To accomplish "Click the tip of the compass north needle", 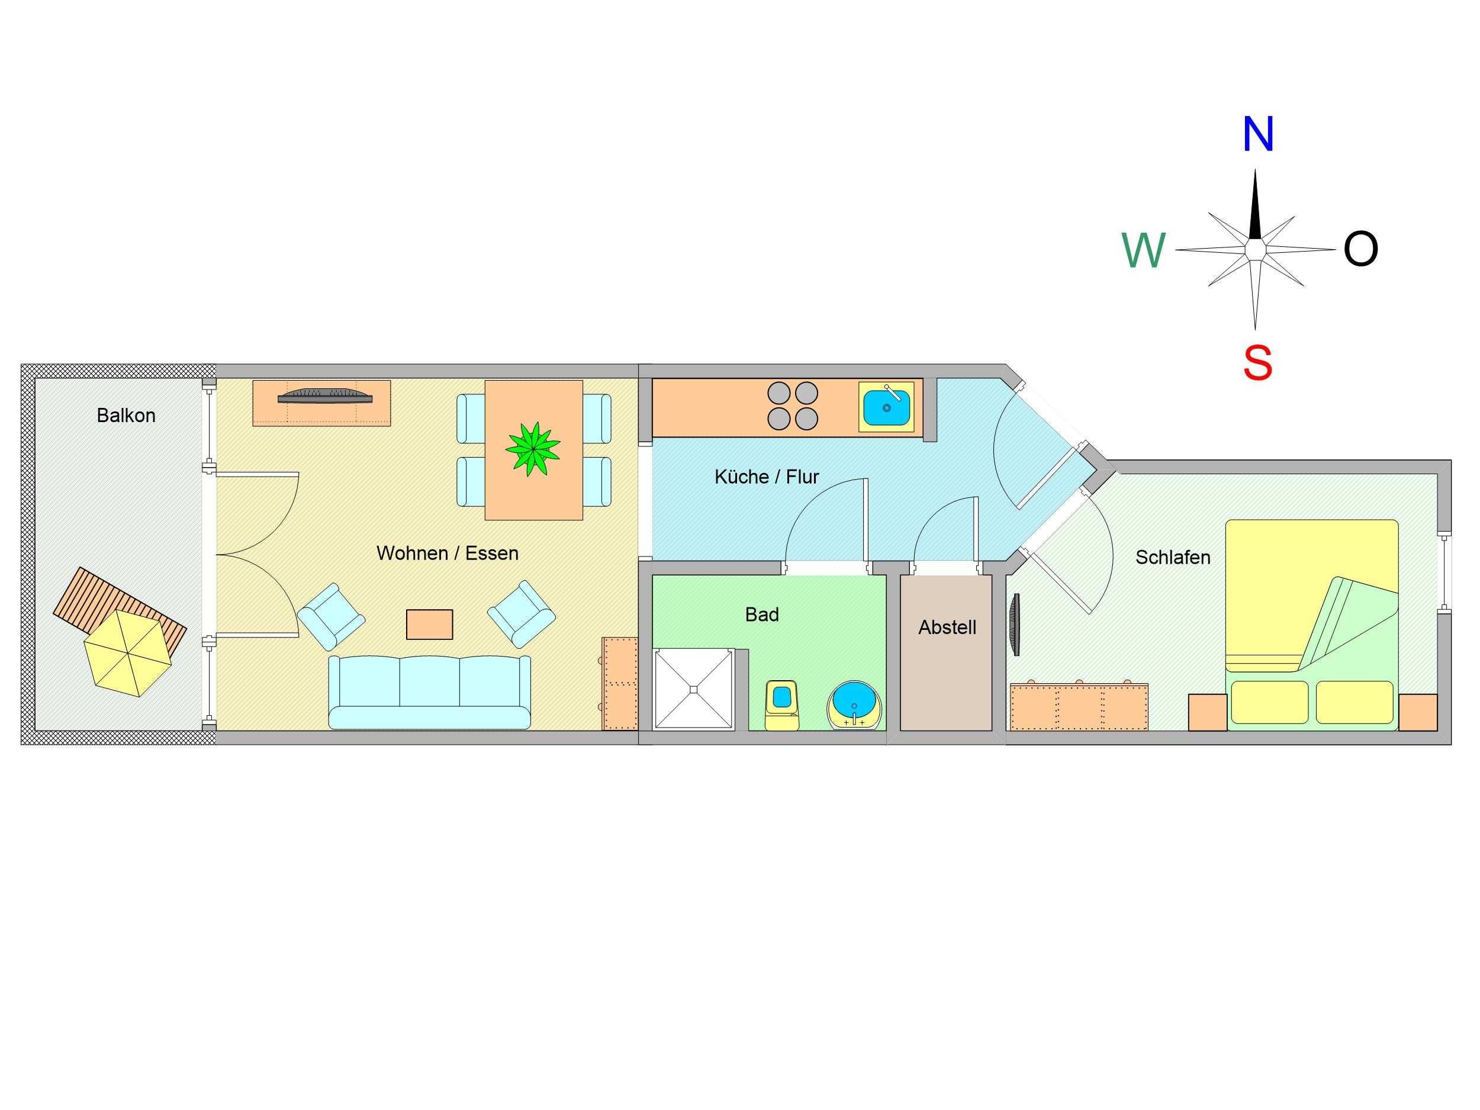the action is [1254, 170].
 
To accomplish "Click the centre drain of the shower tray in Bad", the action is [693, 689].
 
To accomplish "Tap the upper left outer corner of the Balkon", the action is [21, 365].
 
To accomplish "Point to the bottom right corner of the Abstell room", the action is [992, 731].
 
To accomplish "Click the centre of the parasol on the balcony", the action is [128, 652].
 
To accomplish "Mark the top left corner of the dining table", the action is [485, 381].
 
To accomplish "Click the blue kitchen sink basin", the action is [887, 408].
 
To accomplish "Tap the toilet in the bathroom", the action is [781, 704].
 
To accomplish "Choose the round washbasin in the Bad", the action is [854, 705].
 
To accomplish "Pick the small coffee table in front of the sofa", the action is [430, 624].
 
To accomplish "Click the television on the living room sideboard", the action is [324, 395].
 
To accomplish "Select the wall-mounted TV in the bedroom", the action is [1016, 623].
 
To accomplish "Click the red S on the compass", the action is [1257, 363].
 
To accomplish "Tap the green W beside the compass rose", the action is [1144, 251].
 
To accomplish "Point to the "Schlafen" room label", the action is [1173, 557].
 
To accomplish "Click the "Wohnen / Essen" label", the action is [447, 554].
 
